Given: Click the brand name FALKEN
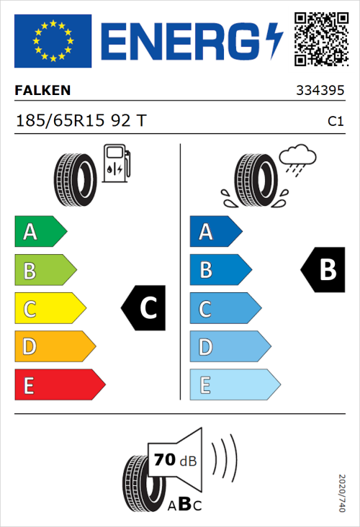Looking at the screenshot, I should tap(43, 91).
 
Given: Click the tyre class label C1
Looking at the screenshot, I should tap(335, 121).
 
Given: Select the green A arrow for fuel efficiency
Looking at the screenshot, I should tap(40, 232).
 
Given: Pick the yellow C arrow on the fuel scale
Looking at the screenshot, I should tap(49, 309).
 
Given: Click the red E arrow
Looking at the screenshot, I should tap(59, 385).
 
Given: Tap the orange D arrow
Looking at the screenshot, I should tap(54, 347).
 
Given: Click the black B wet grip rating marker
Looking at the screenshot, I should tap(322, 270).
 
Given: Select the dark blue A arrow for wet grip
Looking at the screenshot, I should tap(215, 232).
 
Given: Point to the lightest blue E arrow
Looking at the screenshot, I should tap(234, 385).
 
